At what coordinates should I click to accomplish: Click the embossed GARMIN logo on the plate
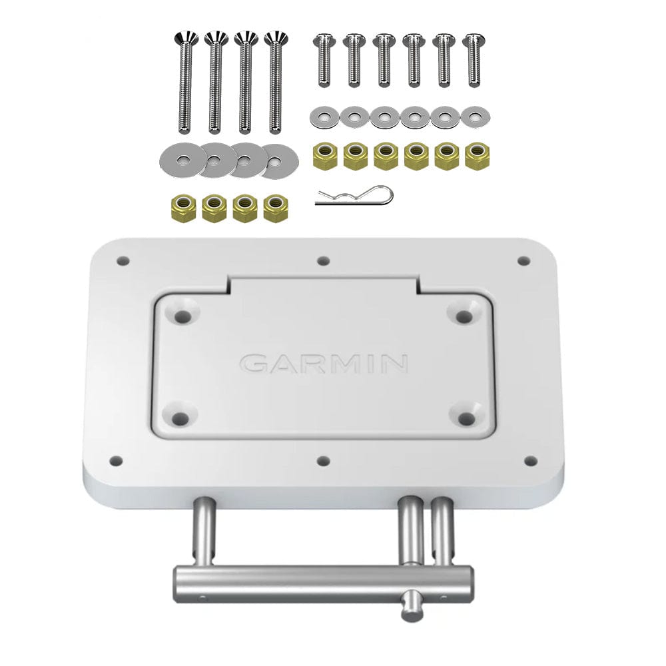pyautogui.click(x=324, y=363)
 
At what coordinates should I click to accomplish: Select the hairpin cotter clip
pyautogui.click(x=354, y=196)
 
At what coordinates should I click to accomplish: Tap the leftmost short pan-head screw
pyautogui.click(x=324, y=60)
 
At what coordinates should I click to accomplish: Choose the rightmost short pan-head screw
pyautogui.click(x=473, y=60)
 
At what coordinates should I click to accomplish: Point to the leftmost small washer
pyautogui.click(x=324, y=118)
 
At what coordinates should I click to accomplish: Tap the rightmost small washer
pyautogui.click(x=474, y=118)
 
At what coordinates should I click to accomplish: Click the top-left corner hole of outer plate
pyautogui.click(x=122, y=260)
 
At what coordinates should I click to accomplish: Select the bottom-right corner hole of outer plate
pyautogui.click(x=530, y=461)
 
